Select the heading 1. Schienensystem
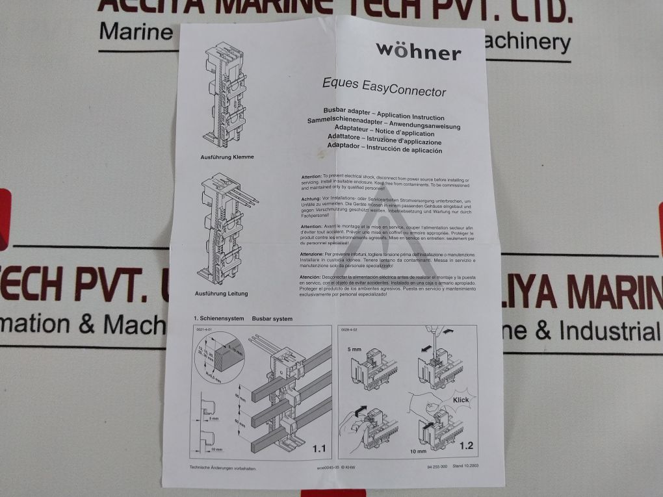[218, 318]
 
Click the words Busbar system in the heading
[272, 319]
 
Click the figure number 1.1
[319, 448]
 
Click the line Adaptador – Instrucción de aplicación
[384, 149]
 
